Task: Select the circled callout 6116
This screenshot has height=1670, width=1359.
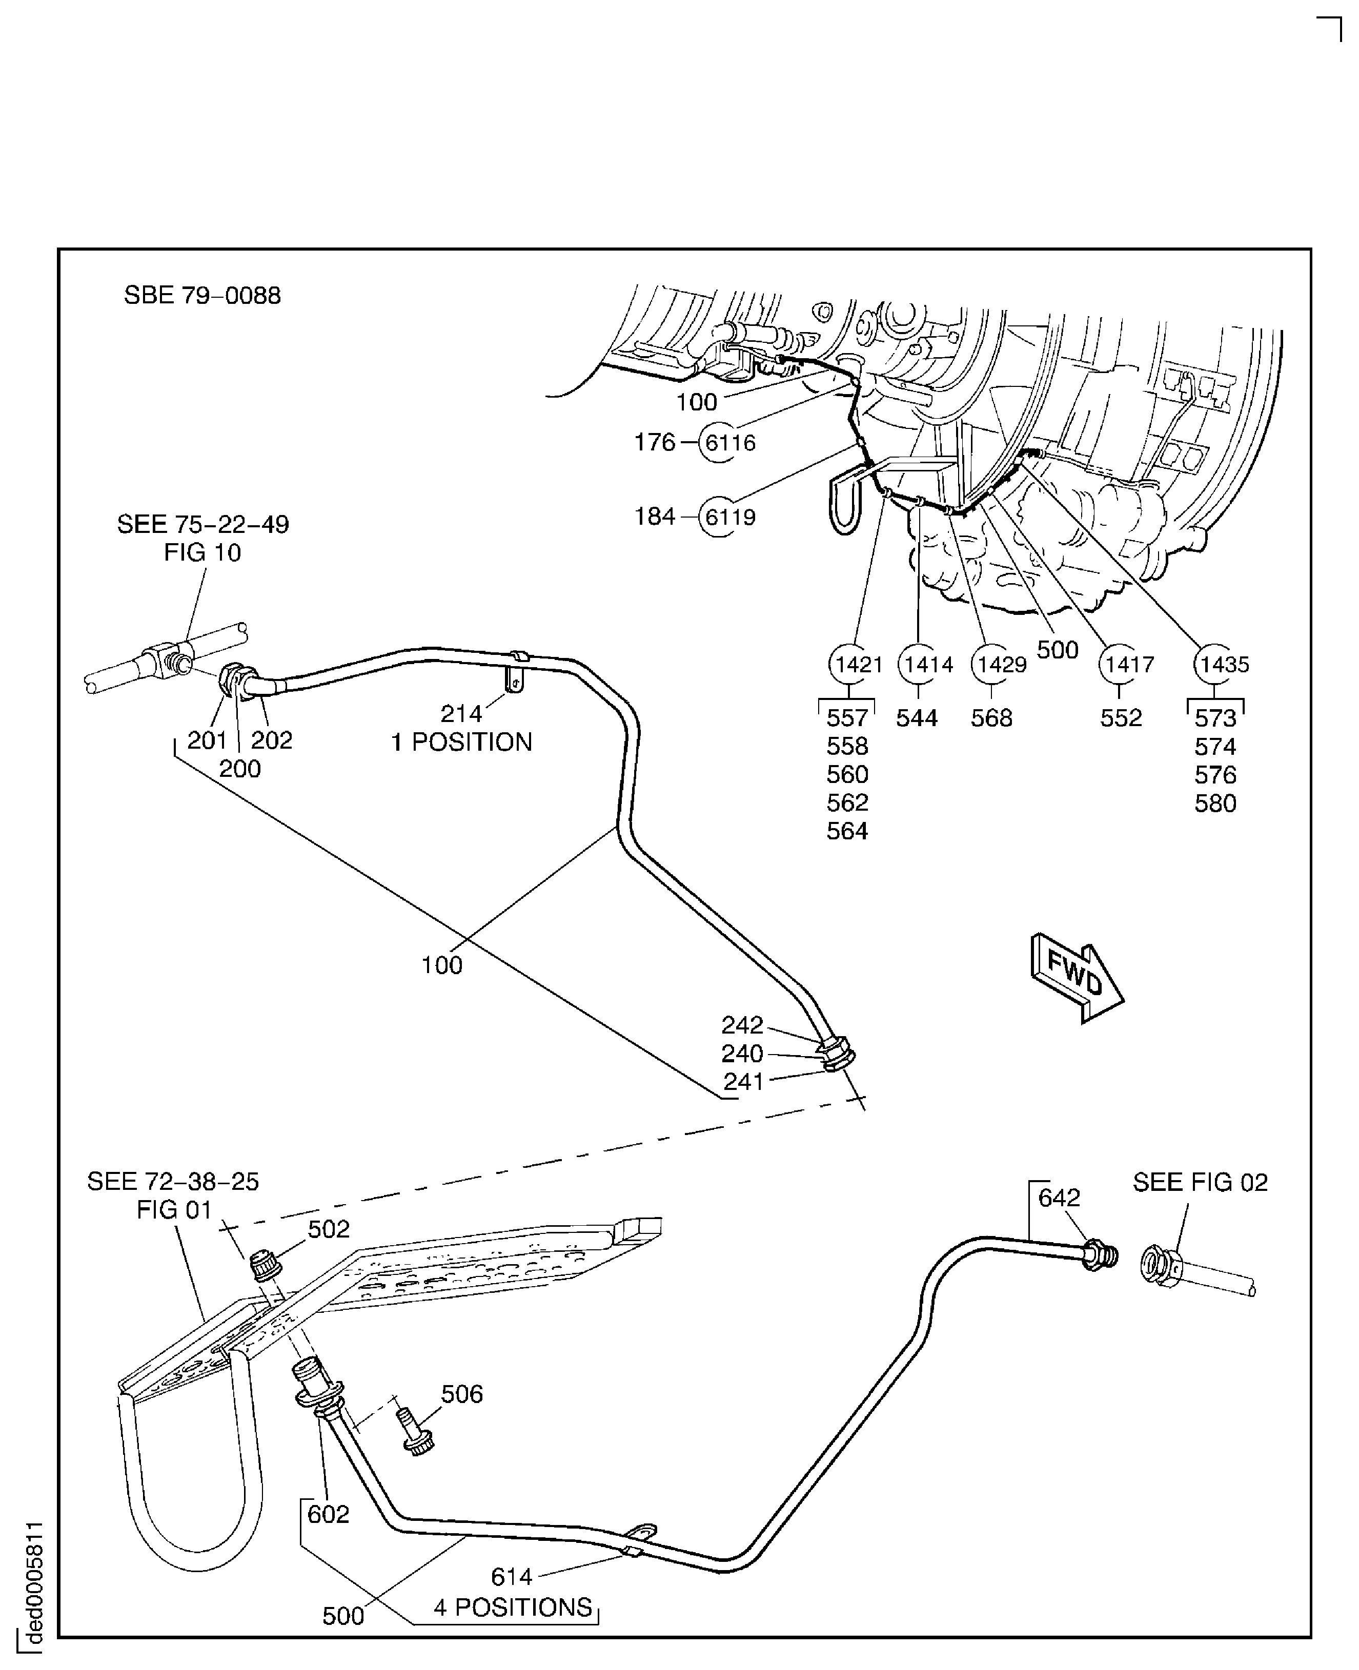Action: [729, 443]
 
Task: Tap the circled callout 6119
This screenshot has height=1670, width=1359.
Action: [729, 517]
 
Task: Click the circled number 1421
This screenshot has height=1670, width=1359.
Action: [858, 665]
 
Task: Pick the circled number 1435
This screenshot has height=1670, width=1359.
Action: [1224, 665]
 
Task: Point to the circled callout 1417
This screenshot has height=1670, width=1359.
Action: [1129, 665]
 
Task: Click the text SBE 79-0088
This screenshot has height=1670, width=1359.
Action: [202, 296]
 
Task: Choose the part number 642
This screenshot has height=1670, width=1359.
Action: [1059, 1198]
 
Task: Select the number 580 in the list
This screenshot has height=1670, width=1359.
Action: [1215, 803]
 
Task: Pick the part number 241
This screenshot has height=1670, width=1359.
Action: [743, 1082]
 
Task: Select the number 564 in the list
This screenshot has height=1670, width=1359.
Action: [847, 831]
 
